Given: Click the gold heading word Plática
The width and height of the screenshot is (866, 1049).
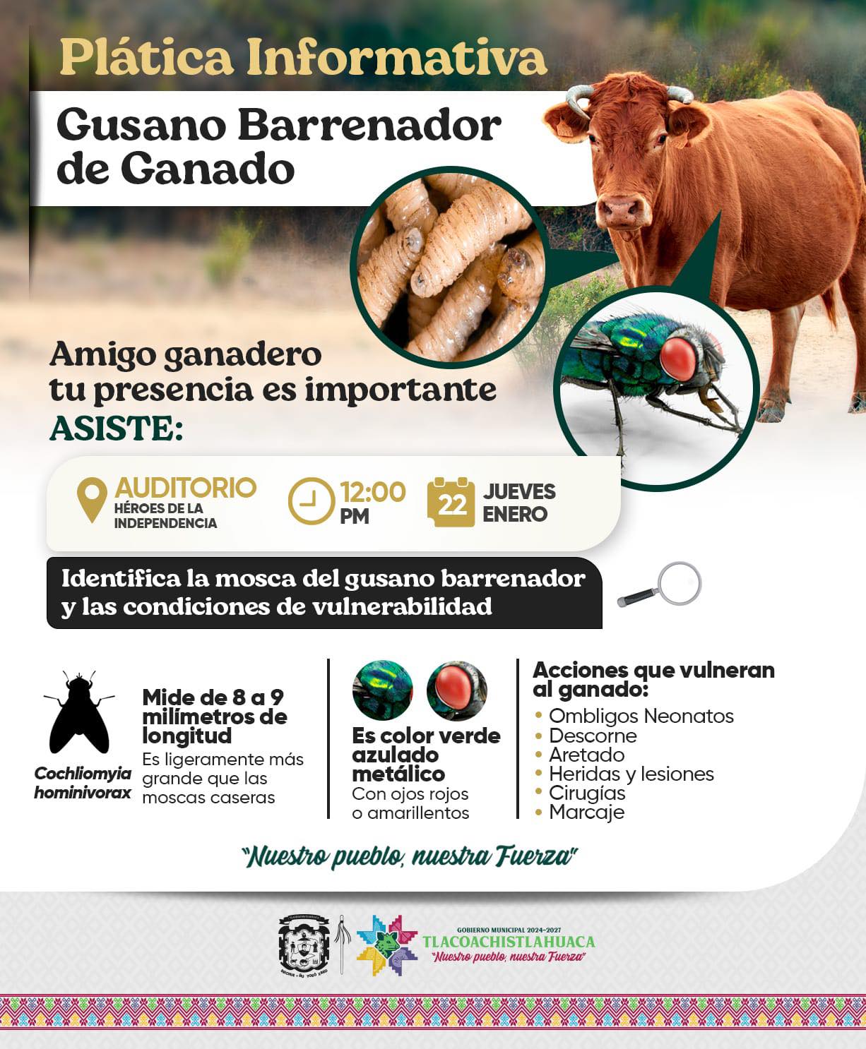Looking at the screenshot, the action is click(147, 57).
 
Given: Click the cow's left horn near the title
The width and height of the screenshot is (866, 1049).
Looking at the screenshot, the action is click(580, 99).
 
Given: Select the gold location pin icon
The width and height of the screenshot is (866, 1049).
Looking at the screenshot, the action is click(92, 499).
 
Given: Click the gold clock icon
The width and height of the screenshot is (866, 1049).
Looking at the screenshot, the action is click(311, 501).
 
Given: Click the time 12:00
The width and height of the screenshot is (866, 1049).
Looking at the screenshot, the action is click(373, 492).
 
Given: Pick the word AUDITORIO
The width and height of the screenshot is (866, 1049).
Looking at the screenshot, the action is click(186, 487).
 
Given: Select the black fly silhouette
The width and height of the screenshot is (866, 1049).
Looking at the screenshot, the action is click(79, 712).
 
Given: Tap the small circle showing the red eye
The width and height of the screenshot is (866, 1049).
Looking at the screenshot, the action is click(457, 690).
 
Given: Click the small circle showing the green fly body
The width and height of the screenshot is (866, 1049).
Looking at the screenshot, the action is click(383, 690).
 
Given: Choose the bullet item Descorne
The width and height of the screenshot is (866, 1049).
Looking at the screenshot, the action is click(593, 736).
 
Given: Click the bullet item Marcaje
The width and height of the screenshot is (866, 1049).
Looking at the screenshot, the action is click(586, 813).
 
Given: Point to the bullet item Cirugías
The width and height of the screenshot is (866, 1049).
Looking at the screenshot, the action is click(587, 793).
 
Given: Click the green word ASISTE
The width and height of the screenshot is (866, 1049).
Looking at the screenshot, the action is click(116, 428).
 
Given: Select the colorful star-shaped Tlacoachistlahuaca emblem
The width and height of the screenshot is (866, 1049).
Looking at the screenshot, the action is click(386, 945).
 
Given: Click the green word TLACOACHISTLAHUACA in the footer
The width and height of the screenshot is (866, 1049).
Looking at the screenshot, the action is click(509, 942).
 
